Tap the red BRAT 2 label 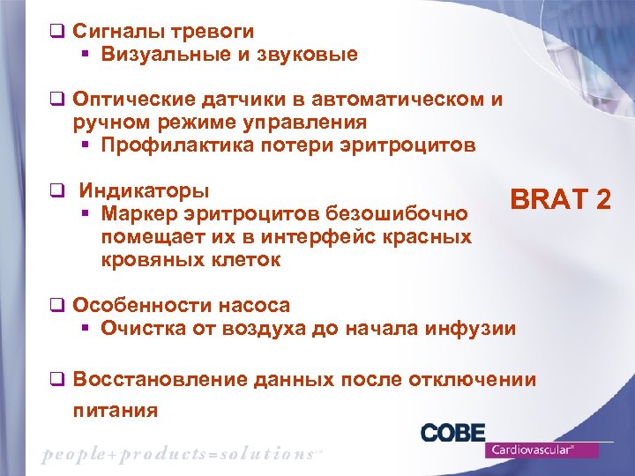[x=560, y=200]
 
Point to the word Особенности [x=137, y=305]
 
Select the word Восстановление [x=160, y=380]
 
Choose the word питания [x=116, y=410]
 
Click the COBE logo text [x=452, y=433]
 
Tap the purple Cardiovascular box [x=541, y=450]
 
